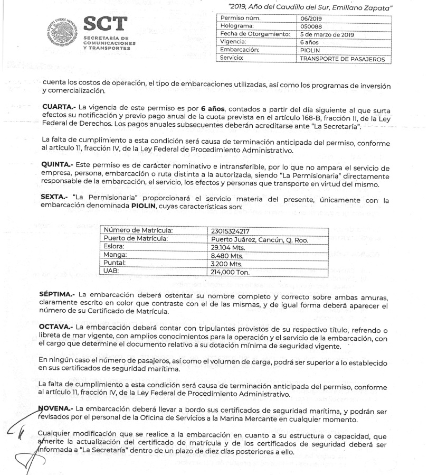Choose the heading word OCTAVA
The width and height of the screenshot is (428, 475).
pyautogui.click(x=59, y=328)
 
